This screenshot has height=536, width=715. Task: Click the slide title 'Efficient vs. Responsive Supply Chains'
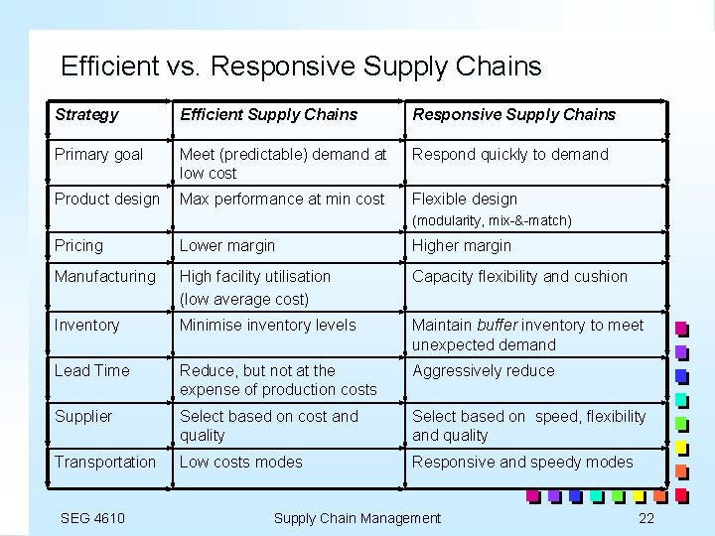tap(301, 67)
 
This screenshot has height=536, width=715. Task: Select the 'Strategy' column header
tap(86, 114)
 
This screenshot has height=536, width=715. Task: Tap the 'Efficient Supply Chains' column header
tap(268, 114)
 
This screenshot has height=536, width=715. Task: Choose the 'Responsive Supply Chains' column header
tap(513, 114)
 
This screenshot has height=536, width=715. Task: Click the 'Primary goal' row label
tap(98, 154)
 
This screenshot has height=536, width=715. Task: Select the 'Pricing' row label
tap(78, 245)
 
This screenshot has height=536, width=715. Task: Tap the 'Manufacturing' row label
tap(104, 276)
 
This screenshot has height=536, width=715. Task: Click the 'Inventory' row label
tap(86, 325)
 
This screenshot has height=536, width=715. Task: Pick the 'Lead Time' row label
tap(91, 370)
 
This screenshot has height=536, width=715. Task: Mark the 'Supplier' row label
tap(83, 416)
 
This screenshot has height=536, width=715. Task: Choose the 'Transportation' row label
tap(104, 462)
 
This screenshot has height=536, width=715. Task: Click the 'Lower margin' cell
tap(226, 245)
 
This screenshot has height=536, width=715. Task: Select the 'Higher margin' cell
tap(462, 245)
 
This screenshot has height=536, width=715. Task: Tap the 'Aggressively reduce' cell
tap(484, 370)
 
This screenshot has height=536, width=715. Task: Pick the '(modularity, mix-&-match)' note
tap(492, 220)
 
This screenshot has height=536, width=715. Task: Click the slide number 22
tap(646, 517)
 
